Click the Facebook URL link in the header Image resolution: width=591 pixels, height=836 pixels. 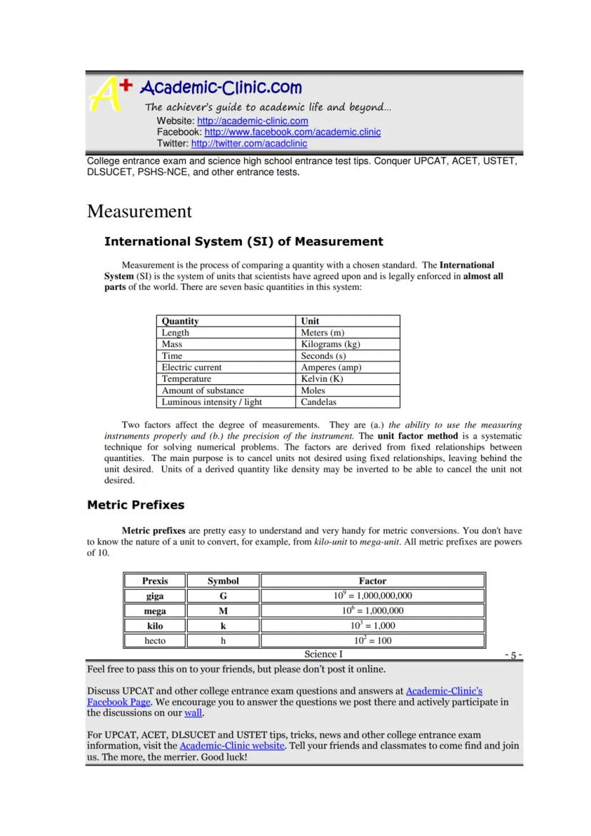click(x=293, y=132)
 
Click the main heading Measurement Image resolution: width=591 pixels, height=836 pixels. click(x=139, y=211)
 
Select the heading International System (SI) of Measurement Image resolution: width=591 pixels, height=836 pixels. click(x=243, y=241)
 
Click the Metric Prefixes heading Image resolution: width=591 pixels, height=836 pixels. click(x=136, y=505)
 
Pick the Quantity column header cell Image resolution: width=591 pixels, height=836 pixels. click(x=180, y=321)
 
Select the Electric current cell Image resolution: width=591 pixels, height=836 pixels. click(x=191, y=367)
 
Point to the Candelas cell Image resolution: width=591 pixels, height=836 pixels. click(x=318, y=402)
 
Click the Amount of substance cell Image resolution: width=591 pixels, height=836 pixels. click(x=203, y=391)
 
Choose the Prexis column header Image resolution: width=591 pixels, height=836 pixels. click(x=155, y=581)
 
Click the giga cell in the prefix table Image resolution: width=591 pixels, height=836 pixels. click(x=155, y=596)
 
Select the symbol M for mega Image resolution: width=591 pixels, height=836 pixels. click(x=223, y=611)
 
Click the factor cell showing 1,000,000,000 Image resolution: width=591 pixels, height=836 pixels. click(x=373, y=596)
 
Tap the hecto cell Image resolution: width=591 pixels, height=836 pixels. click(x=155, y=640)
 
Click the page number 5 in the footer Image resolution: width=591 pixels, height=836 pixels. click(x=514, y=655)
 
